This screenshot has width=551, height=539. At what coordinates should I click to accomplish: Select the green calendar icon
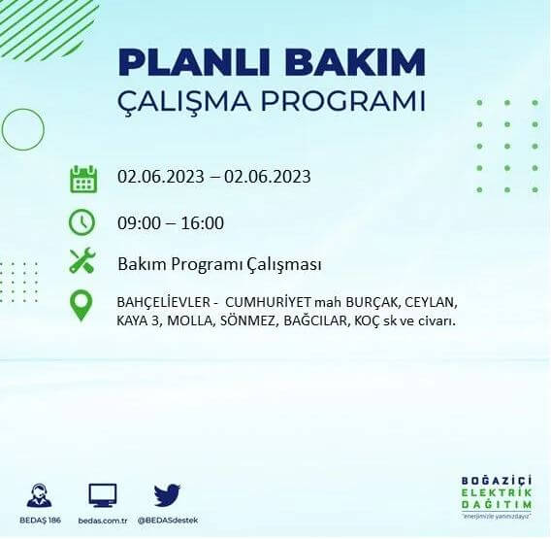coord(82,180)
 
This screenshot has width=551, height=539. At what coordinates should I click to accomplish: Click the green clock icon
coord(82,221)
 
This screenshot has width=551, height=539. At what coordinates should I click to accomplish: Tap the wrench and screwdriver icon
coord(82,262)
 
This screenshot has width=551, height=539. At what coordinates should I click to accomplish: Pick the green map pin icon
coord(82,306)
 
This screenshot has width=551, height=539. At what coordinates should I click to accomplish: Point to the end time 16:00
coord(202,223)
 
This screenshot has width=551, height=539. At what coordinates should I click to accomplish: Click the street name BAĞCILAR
coord(311,320)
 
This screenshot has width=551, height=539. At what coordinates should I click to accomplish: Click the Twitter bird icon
coord(167,495)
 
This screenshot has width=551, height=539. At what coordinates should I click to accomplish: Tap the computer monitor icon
coord(102,495)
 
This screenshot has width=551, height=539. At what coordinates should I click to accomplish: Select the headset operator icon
coord(40,495)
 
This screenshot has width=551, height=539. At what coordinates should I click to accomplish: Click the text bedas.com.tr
coord(102,521)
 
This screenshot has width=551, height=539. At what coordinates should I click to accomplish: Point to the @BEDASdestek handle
coord(167,521)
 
